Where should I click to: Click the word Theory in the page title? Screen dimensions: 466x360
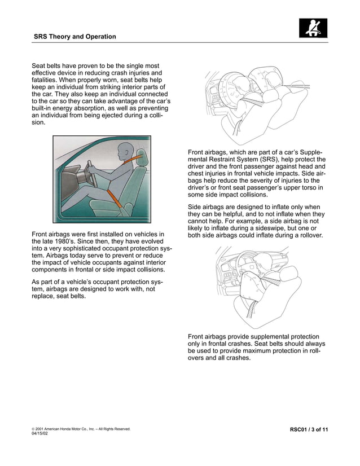62,37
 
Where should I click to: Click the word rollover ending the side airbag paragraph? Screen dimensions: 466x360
308,236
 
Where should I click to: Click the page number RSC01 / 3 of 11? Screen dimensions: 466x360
309,430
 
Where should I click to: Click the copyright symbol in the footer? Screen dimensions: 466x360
33,429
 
